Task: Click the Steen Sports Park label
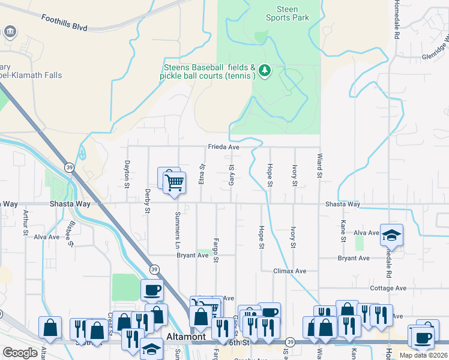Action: pyautogui.click(x=288, y=13)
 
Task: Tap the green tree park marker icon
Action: pyautogui.click(x=265, y=71)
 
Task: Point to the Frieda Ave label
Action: pyautogui.click(x=224, y=147)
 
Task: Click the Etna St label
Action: pyautogui.click(x=202, y=174)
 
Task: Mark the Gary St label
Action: pyautogui.click(x=231, y=174)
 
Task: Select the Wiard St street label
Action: pyautogui.click(x=319, y=166)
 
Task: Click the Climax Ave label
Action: pyautogui.click(x=291, y=271)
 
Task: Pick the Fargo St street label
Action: pyautogui.click(x=215, y=250)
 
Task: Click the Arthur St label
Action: pyautogui.click(x=25, y=221)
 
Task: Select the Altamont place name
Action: pyautogui.click(x=187, y=337)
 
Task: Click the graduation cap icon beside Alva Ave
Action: pyautogui.click(x=391, y=236)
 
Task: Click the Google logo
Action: pyautogui.click(x=20, y=353)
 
